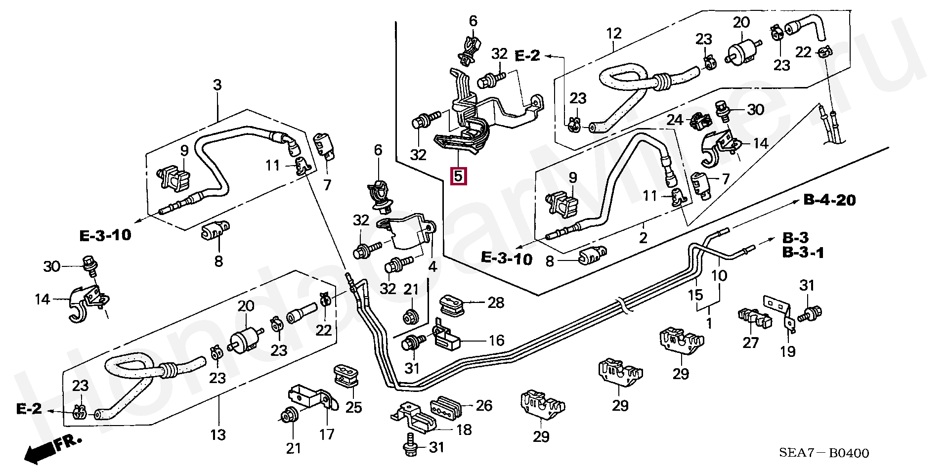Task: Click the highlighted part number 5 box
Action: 459,176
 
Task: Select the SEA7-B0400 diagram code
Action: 824,453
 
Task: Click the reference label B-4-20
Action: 829,200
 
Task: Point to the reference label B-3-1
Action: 803,253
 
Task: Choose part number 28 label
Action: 496,303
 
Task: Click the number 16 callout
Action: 496,340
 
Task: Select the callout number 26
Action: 484,405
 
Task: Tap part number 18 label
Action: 464,430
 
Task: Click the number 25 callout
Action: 353,407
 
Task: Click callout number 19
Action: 787,351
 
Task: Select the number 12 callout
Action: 613,34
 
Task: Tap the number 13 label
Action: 218,435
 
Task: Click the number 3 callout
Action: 217,85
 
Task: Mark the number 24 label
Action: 675,120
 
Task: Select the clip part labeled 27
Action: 753,319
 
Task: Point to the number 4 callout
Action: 432,267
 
